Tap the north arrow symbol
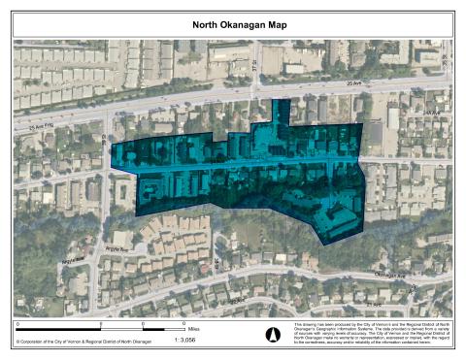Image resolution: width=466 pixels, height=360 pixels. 272,335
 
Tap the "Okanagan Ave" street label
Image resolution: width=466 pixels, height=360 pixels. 387,275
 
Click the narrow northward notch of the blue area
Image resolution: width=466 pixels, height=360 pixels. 281,110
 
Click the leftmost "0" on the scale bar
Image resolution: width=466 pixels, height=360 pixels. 17,326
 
